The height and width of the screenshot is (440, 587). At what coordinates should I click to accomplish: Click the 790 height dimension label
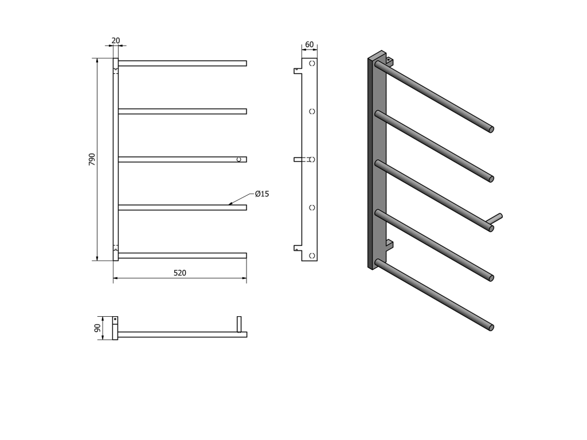click(x=92, y=159)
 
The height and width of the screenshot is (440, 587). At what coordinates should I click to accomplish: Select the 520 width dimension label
click(x=179, y=273)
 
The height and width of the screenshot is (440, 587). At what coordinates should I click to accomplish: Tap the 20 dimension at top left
click(x=116, y=41)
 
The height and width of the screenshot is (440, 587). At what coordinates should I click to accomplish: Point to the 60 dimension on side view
click(x=309, y=45)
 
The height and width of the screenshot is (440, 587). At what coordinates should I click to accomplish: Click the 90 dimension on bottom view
click(x=97, y=328)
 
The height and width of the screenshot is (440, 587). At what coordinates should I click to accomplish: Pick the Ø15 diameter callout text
click(x=262, y=194)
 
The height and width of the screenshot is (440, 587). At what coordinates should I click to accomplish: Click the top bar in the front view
click(x=182, y=63)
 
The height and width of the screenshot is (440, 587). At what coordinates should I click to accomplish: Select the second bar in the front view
click(x=182, y=111)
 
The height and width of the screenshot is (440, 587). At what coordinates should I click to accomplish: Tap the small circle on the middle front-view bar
click(x=239, y=159)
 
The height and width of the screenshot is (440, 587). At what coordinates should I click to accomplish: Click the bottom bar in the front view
click(x=182, y=256)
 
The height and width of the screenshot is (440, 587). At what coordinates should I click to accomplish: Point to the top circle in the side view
click(x=312, y=63)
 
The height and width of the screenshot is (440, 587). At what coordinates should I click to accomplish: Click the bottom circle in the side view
click(x=312, y=256)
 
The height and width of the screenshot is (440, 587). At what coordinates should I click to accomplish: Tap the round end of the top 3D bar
click(x=491, y=129)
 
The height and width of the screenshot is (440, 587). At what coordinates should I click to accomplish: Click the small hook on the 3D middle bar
click(x=496, y=219)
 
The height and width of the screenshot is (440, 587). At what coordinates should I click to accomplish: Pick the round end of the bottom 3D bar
click(x=491, y=327)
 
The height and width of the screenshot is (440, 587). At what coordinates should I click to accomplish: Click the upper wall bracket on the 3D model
click(x=389, y=61)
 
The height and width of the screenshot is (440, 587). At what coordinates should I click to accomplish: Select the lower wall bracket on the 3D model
click(x=389, y=246)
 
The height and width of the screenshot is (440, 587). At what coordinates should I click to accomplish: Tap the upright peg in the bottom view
click(x=239, y=324)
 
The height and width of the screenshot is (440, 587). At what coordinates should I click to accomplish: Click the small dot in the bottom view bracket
click(x=115, y=319)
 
